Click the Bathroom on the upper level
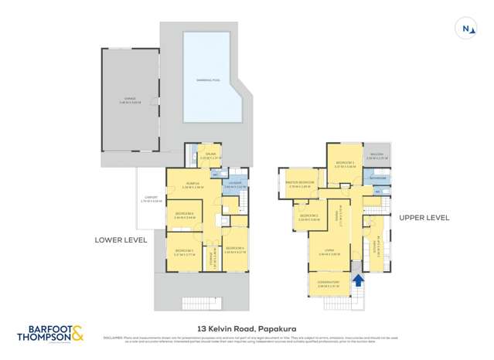(x=378, y=178)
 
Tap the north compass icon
(x=466, y=29)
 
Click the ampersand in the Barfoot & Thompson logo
(x=77, y=334)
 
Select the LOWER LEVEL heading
(x=121, y=239)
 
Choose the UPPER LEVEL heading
(x=424, y=218)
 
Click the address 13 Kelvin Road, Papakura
(x=247, y=326)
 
